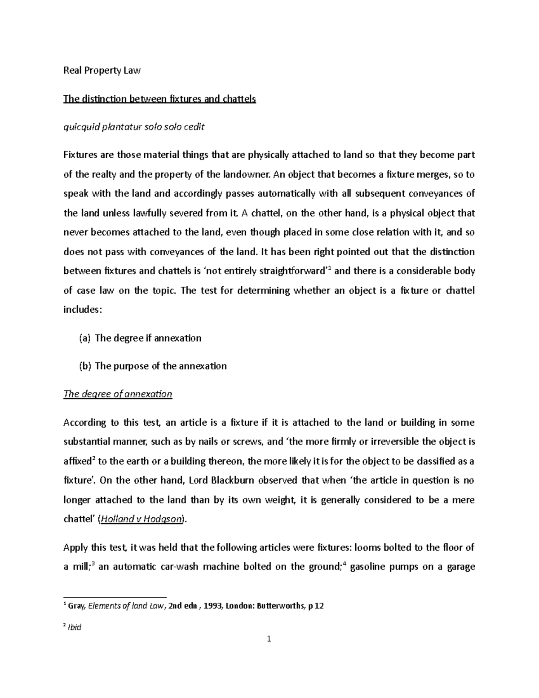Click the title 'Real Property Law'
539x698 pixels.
click(x=102, y=71)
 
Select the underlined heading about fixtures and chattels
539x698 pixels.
click(x=159, y=99)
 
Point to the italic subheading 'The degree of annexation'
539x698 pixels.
click(x=118, y=394)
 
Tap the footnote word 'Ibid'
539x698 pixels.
click(x=74, y=627)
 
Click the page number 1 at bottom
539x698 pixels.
click(x=269, y=651)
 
